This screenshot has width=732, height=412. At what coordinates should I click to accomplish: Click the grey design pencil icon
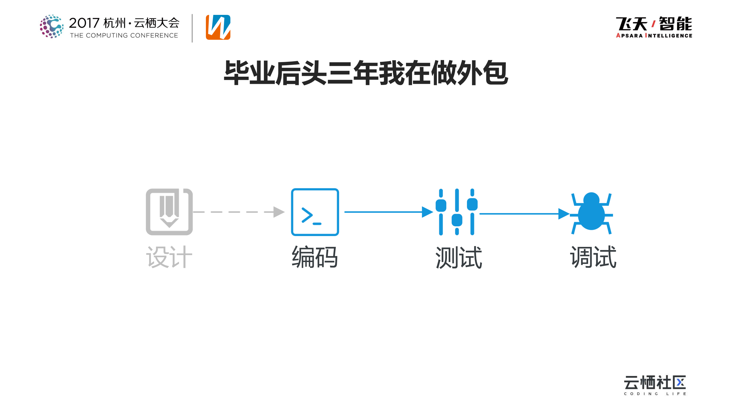pos(169,212)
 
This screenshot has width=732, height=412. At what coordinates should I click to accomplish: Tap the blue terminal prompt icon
pos(315,212)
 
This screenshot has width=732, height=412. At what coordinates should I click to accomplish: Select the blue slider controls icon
pos(456,212)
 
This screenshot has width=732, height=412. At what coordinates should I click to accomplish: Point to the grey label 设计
pos(169,257)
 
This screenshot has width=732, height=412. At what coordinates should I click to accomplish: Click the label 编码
pos(315,257)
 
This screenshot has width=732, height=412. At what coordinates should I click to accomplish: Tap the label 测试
pos(459,257)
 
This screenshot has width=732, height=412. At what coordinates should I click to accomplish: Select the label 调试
pos(593,257)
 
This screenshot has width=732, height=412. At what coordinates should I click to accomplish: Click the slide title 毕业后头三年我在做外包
pos(366,73)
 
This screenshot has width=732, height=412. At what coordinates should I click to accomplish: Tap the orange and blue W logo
pos(218,27)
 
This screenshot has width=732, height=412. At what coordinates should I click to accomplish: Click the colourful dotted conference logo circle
pos(51,26)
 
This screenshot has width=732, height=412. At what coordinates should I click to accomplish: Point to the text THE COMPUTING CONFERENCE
pos(124,35)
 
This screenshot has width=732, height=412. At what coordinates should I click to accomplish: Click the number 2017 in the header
pos(84,23)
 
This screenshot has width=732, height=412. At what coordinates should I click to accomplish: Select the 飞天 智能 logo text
pos(654,23)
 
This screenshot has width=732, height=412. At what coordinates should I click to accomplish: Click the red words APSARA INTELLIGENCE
pos(654,36)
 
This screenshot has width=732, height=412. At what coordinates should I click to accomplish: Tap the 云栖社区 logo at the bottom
pos(655,383)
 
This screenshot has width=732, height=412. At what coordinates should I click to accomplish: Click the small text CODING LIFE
pos(655,394)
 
